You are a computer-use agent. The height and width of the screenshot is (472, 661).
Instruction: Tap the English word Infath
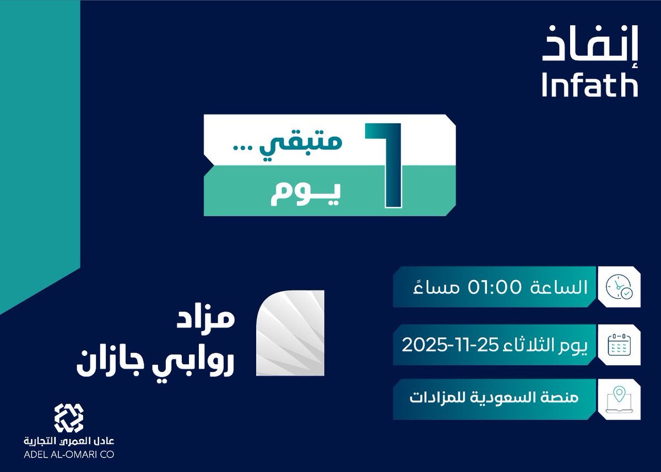[589, 85]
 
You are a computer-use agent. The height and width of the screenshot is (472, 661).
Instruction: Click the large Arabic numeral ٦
[383, 166]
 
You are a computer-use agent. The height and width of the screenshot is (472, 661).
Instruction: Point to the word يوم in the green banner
[305, 194]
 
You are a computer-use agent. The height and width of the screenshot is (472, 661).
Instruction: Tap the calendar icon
[620, 345]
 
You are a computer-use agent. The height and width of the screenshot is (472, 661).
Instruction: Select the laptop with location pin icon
[620, 399]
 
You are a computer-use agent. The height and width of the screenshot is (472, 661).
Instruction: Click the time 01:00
[492, 287]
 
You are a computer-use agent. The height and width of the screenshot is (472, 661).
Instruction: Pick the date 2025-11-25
[449, 345]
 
